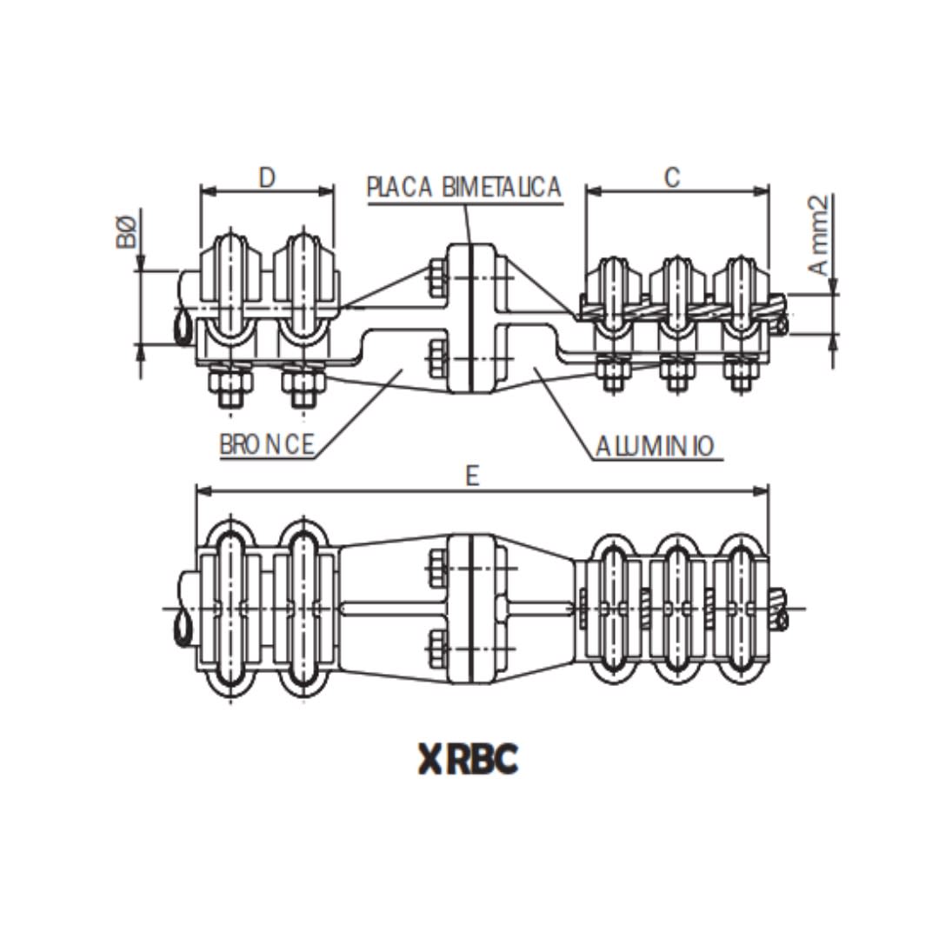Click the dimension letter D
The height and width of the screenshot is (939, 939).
pos(267,177)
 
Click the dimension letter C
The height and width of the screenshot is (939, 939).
pos(671,176)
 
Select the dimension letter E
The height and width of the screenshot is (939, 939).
pos(472,476)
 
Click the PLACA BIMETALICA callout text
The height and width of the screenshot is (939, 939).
pos(463,187)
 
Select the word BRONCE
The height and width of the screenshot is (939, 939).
pos(266,444)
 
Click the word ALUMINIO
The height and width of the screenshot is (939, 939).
pos(655,446)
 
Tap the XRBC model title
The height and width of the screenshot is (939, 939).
pos(468,759)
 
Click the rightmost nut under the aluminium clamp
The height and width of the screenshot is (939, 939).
pos(740,375)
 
